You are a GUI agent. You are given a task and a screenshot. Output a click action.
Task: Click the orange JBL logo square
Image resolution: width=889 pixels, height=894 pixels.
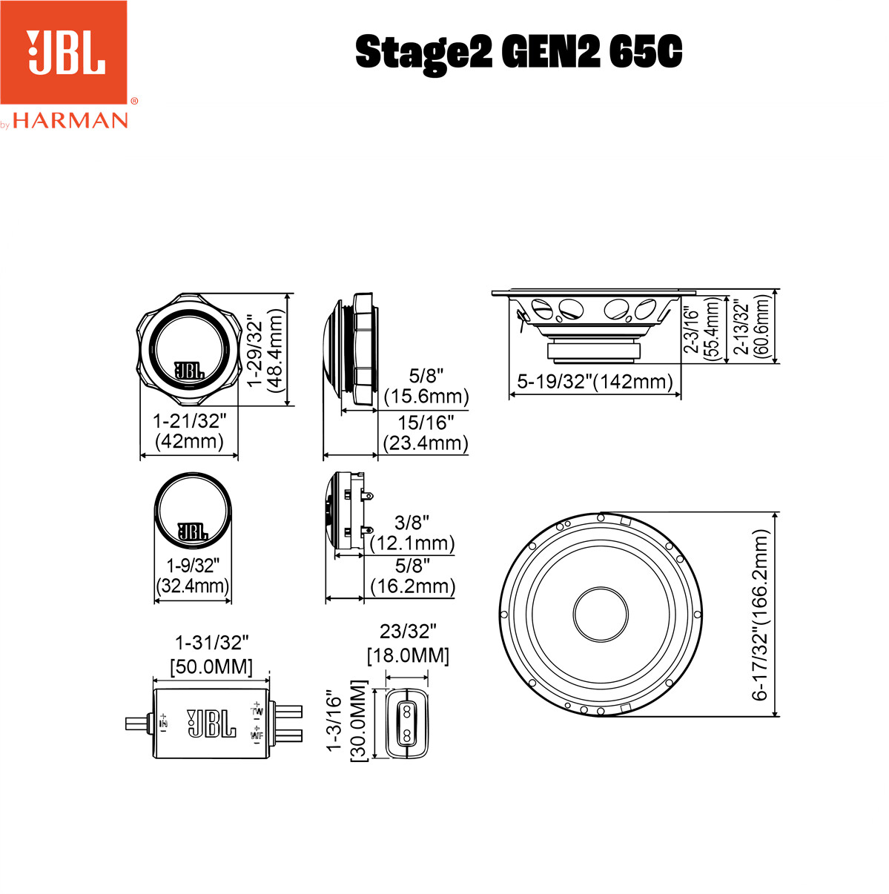click(x=63, y=52)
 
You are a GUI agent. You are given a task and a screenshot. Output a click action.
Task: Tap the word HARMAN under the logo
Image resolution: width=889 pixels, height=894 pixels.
click(x=70, y=121)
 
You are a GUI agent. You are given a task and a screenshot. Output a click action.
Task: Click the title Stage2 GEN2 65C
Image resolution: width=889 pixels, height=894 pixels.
click(x=518, y=52)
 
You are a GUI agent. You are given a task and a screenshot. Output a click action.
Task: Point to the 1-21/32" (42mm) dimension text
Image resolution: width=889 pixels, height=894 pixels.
click(x=189, y=430)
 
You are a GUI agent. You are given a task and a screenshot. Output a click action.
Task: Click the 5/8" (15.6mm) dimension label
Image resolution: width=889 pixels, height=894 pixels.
click(x=426, y=386)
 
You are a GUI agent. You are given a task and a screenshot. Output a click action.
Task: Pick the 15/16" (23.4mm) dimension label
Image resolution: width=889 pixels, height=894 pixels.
click(x=426, y=432)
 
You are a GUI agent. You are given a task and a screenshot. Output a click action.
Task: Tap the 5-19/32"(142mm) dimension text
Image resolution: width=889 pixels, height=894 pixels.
click(x=595, y=381)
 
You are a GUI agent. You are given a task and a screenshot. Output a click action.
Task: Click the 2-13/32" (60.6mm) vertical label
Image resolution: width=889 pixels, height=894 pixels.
click(x=752, y=328)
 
